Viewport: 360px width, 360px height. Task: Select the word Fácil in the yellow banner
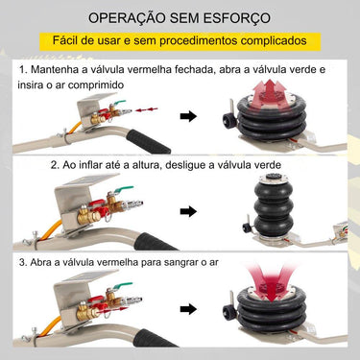[x=73, y=42]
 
